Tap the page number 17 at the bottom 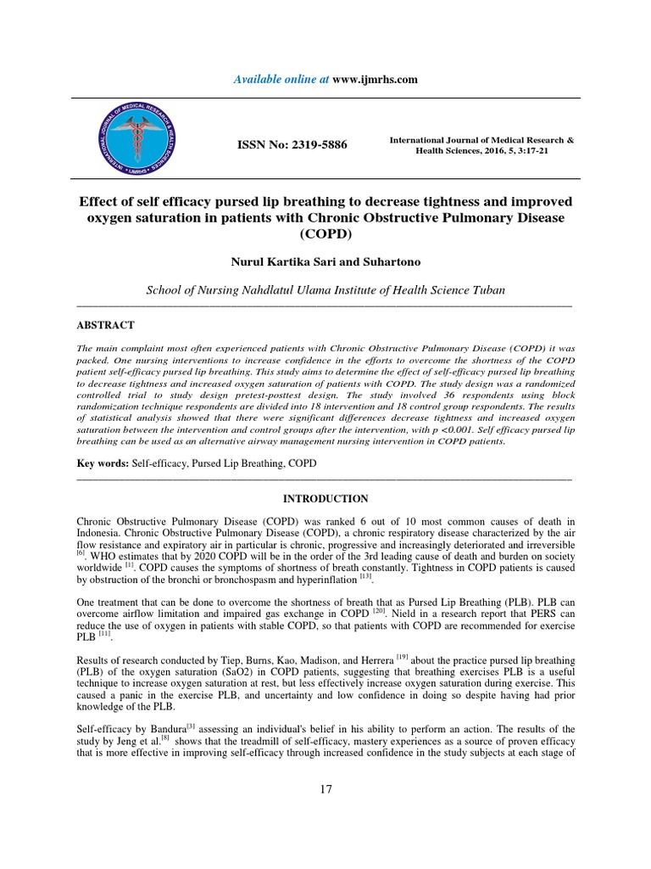325,789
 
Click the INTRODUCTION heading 325,498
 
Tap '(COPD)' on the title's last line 325,236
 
